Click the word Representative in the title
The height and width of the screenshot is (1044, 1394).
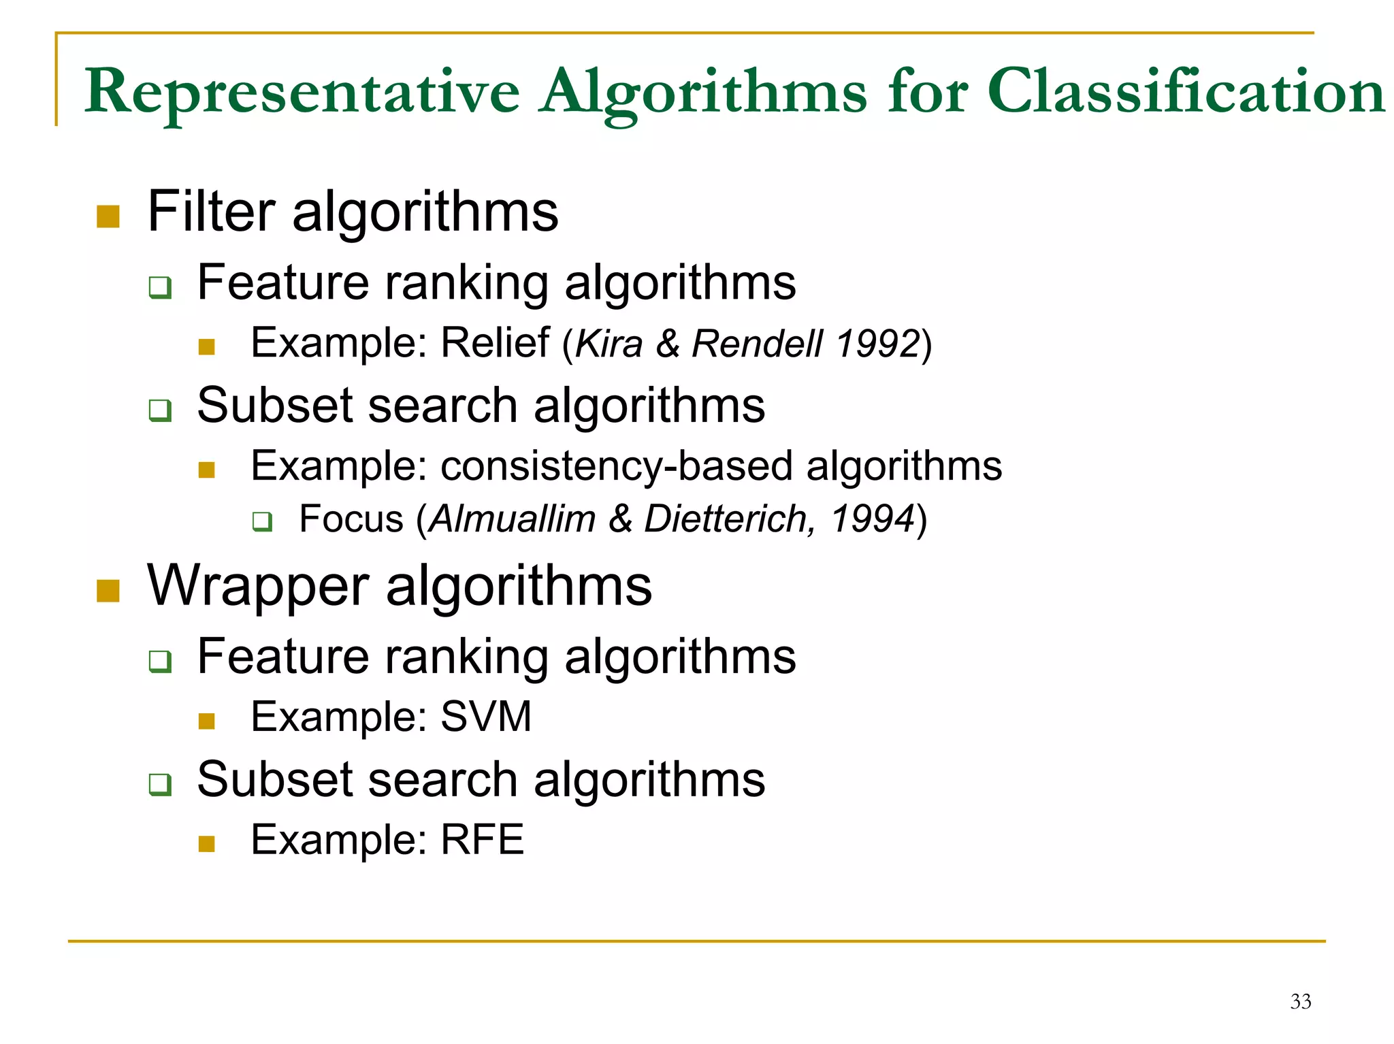[302, 92]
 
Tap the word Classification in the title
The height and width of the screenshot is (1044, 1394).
[1185, 92]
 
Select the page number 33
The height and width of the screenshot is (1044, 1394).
[1300, 1001]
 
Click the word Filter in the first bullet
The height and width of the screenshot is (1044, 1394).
[211, 212]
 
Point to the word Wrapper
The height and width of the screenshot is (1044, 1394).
[258, 587]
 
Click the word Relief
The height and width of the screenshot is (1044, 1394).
[495, 342]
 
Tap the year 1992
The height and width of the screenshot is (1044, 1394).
[877, 343]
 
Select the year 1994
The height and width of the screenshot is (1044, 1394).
[872, 519]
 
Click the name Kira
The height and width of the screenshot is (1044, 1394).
[609, 343]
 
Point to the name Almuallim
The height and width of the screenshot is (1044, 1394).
[513, 519]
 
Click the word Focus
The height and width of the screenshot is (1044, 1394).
[351, 519]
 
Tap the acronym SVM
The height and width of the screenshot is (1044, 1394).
[486, 717]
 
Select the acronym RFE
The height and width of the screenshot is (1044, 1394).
[482, 839]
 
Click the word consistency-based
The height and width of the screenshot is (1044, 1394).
[617, 466]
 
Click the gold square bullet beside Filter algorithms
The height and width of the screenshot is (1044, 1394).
[108, 216]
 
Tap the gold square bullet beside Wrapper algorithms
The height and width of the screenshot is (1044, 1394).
[108, 591]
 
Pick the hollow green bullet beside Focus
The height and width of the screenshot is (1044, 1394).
[262, 522]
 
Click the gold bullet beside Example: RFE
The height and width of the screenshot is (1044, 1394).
[207, 844]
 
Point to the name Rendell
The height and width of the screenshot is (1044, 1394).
[757, 343]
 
